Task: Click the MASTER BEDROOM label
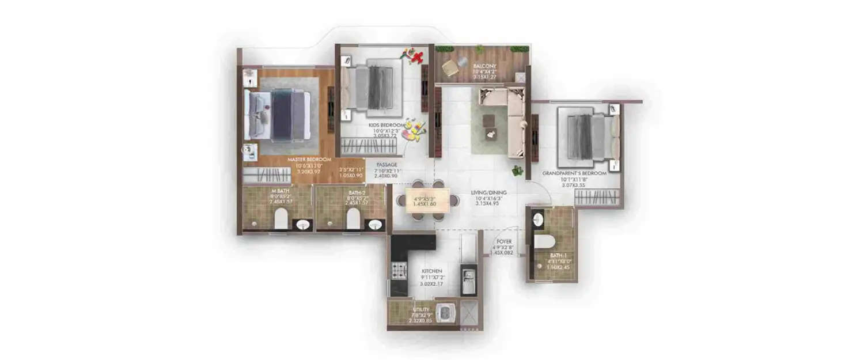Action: click(x=310, y=159)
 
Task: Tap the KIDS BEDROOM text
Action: click(x=384, y=124)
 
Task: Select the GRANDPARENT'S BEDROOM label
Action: click(x=574, y=173)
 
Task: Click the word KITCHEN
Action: click(x=431, y=271)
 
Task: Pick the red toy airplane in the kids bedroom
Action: click(x=416, y=56)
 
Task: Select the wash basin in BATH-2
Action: click(x=375, y=225)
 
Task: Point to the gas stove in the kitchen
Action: click(x=399, y=269)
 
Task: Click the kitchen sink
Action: click(x=469, y=275)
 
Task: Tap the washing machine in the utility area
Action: click(x=445, y=314)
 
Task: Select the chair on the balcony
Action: click(x=450, y=69)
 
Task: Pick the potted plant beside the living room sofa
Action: click(x=516, y=170)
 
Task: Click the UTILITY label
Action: click(x=420, y=309)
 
